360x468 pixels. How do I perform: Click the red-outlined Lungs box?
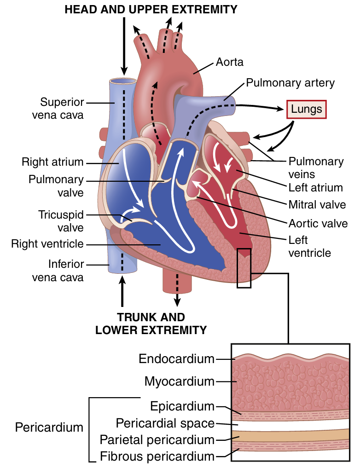click(307, 110)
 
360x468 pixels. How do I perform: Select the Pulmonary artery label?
click(290, 83)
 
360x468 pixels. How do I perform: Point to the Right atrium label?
click(52, 162)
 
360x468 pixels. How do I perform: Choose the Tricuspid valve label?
click(61, 221)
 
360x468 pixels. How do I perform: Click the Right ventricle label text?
click(47, 243)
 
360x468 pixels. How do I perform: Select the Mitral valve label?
click(317, 204)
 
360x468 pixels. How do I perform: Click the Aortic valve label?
click(318, 224)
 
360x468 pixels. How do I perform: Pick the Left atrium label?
click(315, 187)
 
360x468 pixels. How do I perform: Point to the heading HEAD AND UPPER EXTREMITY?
click(151, 9)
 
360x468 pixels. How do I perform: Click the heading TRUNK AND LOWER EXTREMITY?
click(151, 324)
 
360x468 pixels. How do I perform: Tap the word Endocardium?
click(177, 358)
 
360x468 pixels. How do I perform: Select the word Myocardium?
click(180, 381)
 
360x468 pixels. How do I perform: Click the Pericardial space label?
click(165, 422)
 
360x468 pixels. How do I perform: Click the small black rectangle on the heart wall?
click(244, 268)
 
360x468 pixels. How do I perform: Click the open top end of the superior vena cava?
click(122, 82)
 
